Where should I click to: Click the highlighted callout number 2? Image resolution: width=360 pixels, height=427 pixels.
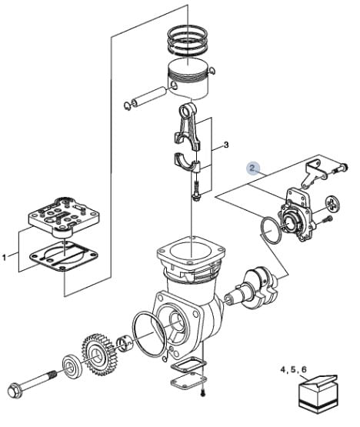253,168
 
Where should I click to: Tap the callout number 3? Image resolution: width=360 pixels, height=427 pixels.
226,145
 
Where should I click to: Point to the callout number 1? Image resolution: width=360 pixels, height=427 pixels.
4,257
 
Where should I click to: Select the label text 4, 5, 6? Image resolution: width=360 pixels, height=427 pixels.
293,369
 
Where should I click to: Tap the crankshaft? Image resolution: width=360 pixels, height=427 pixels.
254,288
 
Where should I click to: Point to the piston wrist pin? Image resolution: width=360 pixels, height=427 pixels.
148,96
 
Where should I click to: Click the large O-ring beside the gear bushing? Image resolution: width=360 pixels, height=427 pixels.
148,335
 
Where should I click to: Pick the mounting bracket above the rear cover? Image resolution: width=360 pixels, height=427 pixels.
315,174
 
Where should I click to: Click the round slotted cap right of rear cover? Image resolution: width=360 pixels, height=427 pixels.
333,203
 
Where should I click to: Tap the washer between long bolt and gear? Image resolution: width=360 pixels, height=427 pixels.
72,366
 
